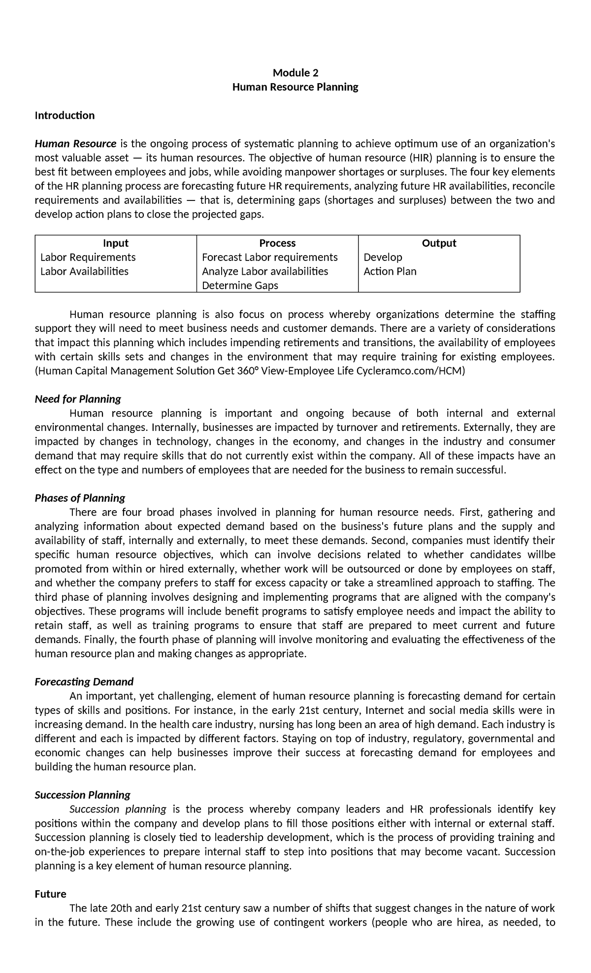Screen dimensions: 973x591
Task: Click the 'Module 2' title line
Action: (x=295, y=73)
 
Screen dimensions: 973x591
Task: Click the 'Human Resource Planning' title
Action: (x=295, y=87)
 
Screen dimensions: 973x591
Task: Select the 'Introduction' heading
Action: (x=65, y=116)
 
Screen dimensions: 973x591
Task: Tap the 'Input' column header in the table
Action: (x=116, y=243)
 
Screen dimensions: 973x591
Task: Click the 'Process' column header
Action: (x=277, y=243)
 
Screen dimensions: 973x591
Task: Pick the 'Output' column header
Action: (x=439, y=243)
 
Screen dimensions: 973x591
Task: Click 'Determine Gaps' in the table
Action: (x=240, y=286)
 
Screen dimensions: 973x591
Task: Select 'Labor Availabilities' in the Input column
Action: (x=84, y=271)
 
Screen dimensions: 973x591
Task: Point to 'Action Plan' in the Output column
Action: (x=390, y=271)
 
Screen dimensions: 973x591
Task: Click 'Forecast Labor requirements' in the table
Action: (x=270, y=258)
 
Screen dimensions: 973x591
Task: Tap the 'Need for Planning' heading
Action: (x=78, y=399)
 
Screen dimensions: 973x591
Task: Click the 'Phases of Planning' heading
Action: (x=80, y=498)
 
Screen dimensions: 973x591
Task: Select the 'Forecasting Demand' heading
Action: (x=84, y=682)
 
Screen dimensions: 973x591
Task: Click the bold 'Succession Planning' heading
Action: (x=82, y=795)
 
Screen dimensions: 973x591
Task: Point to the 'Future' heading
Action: (x=50, y=894)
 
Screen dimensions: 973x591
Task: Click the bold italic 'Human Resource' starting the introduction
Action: (x=75, y=144)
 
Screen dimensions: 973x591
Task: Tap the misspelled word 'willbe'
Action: (x=541, y=555)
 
